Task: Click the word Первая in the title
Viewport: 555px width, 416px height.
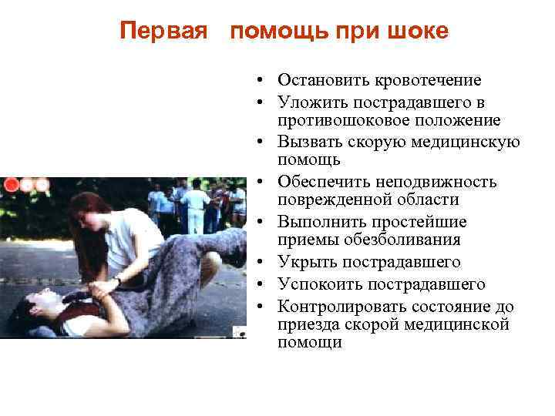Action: [164, 31]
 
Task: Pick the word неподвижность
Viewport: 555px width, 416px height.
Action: [442, 182]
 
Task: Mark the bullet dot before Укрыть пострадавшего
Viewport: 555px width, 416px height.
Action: [263, 263]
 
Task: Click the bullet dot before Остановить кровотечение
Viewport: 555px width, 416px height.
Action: [263, 80]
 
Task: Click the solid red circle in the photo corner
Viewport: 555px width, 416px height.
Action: [12, 184]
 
